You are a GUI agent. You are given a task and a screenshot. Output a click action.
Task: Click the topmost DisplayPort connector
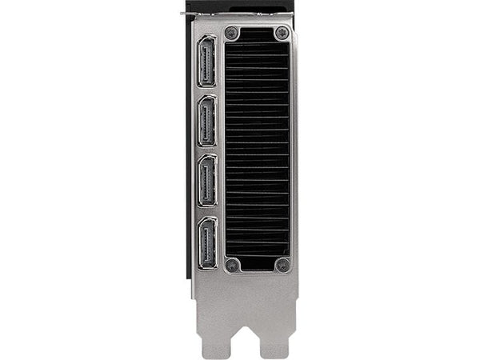point(206,62)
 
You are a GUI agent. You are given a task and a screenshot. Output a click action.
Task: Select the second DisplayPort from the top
point(206,121)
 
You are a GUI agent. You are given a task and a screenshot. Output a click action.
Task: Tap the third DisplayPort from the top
point(206,181)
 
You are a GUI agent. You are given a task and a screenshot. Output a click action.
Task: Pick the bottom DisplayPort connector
point(206,243)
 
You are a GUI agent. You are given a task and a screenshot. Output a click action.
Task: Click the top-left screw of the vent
point(232,34)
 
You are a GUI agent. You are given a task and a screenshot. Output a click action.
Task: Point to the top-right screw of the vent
point(282,34)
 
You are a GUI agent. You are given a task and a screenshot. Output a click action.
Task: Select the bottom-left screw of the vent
point(232,266)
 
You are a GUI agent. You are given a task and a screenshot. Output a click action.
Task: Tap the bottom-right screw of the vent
point(282,266)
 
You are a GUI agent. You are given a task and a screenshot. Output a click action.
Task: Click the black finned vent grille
point(257,150)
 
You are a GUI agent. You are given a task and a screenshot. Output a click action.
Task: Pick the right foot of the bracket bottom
point(274,346)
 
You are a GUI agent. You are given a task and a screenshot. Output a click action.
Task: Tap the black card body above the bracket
point(240,6)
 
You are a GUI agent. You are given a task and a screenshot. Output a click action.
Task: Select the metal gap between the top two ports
point(206,91)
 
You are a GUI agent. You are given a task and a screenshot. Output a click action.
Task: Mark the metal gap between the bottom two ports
point(206,212)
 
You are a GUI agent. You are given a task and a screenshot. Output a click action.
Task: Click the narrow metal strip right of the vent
point(294,150)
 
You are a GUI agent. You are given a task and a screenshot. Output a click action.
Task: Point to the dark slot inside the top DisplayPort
point(206,62)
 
